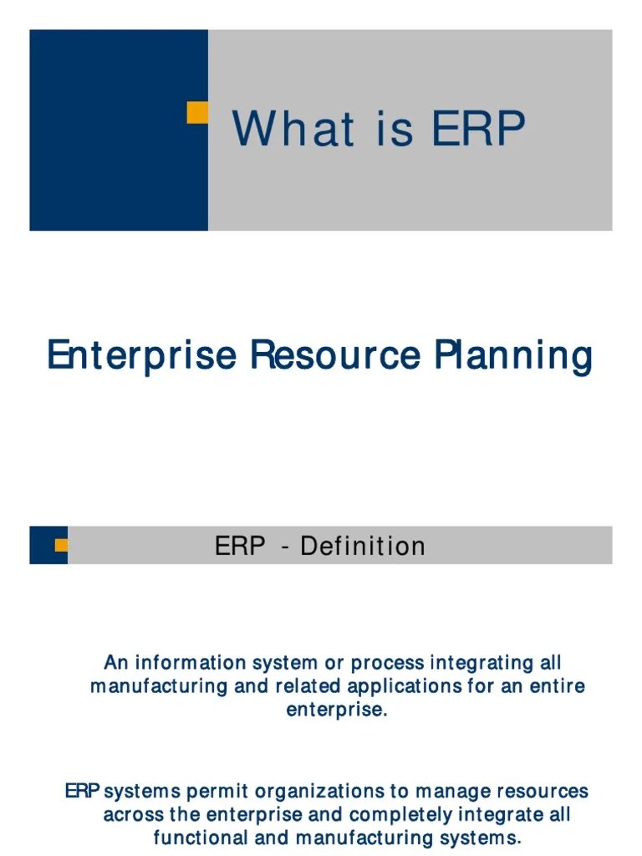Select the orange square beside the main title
coord(197,113)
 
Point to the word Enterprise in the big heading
coord(142,355)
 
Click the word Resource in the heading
coord(334,355)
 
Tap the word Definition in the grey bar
coord(363,547)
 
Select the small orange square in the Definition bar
coord(61,546)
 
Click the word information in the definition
coord(185,663)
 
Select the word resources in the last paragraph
coord(543,791)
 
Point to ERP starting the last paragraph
coord(83,791)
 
